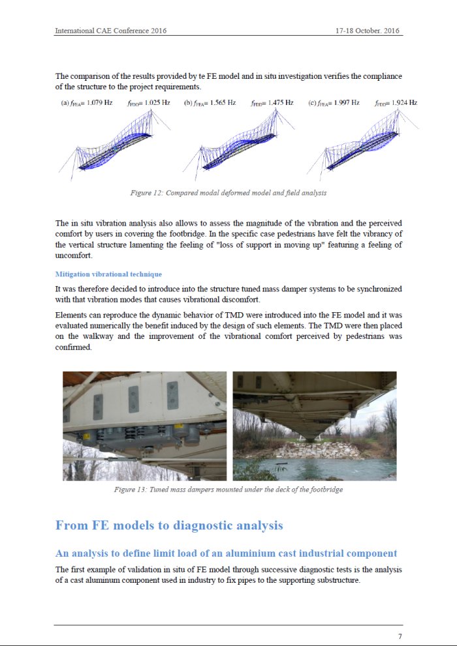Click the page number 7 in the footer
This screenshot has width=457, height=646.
pyautogui.click(x=400, y=636)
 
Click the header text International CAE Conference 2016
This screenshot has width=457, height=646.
pyautogui.click(x=110, y=31)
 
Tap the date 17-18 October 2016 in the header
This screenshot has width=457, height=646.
pyautogui.click(x=368, y=31)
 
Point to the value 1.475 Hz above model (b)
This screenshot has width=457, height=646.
pyautogui.click(x=280, y=103)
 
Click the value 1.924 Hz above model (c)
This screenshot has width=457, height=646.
pyautogui.click(x=403, y=103)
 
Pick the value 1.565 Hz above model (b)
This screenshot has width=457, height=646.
pyautogui.click(x=223, y=103)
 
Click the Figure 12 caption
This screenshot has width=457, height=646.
pyautogui.click(x=228, y=193)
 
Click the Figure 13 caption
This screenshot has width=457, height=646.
pyautogui.click(x=228, y=490)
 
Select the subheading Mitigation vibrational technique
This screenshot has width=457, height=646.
pyautogui.click(x=108, y=274)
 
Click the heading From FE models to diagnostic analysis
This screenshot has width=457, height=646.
pyautogui.click(x=169, y=525)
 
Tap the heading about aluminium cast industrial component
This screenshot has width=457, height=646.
pyautogui.click(x=226, y=553)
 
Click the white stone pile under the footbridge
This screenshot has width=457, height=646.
pyautogui.click(x=313, y=450)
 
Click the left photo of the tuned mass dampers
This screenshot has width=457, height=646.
pyautogui.click(x=144, y=426)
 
